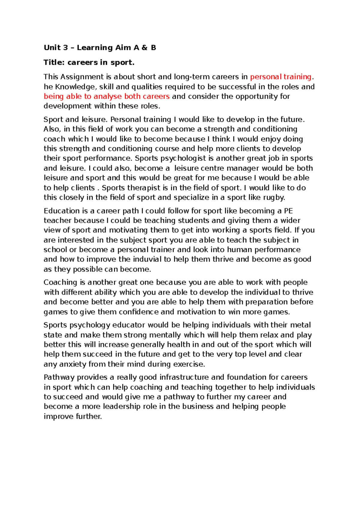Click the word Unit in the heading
click(x=52, y=48)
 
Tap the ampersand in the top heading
click(x=144, y=48)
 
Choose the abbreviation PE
click(x=288, y=211)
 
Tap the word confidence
click(x=139, y=312)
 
